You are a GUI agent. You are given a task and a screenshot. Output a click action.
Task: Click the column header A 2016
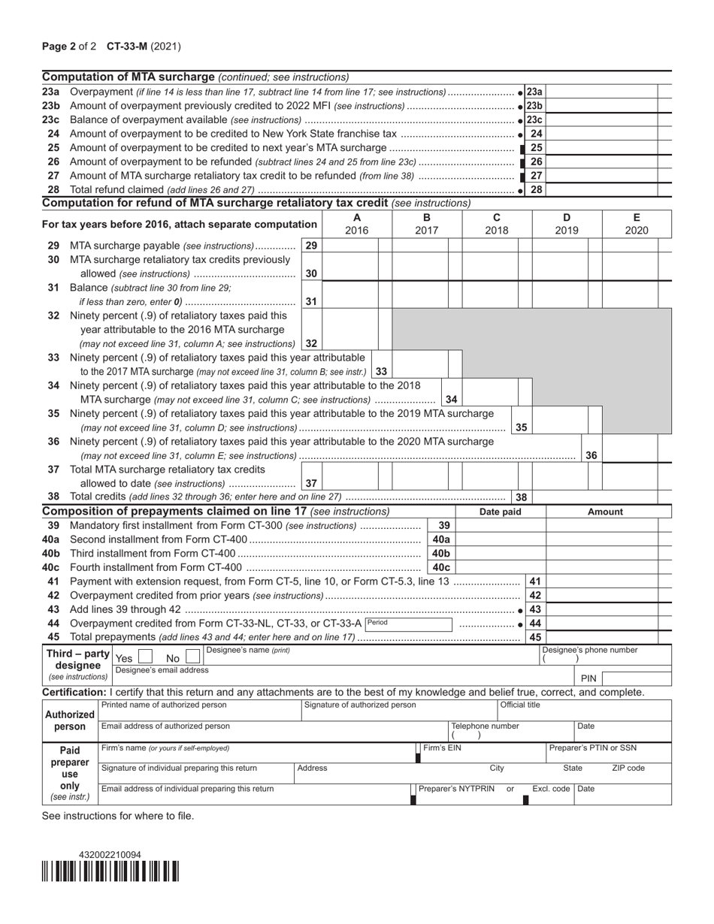point(356,224)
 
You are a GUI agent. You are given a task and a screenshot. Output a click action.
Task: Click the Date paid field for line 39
point(501,526)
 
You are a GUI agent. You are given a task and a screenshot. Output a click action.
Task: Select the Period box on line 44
point(410,624)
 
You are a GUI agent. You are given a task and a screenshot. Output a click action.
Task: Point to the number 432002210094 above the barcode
point(110,855)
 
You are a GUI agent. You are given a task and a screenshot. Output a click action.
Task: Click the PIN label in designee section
point(588,678)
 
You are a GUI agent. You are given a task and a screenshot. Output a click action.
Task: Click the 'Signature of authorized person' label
point(360,705)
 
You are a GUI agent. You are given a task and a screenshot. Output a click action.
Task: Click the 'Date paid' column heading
point(501,512)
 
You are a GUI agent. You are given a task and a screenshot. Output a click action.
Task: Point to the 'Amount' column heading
point(605,512)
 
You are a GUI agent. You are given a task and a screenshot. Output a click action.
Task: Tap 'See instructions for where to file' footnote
point(118,816)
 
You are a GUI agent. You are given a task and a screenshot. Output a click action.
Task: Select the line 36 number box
point(591,455)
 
